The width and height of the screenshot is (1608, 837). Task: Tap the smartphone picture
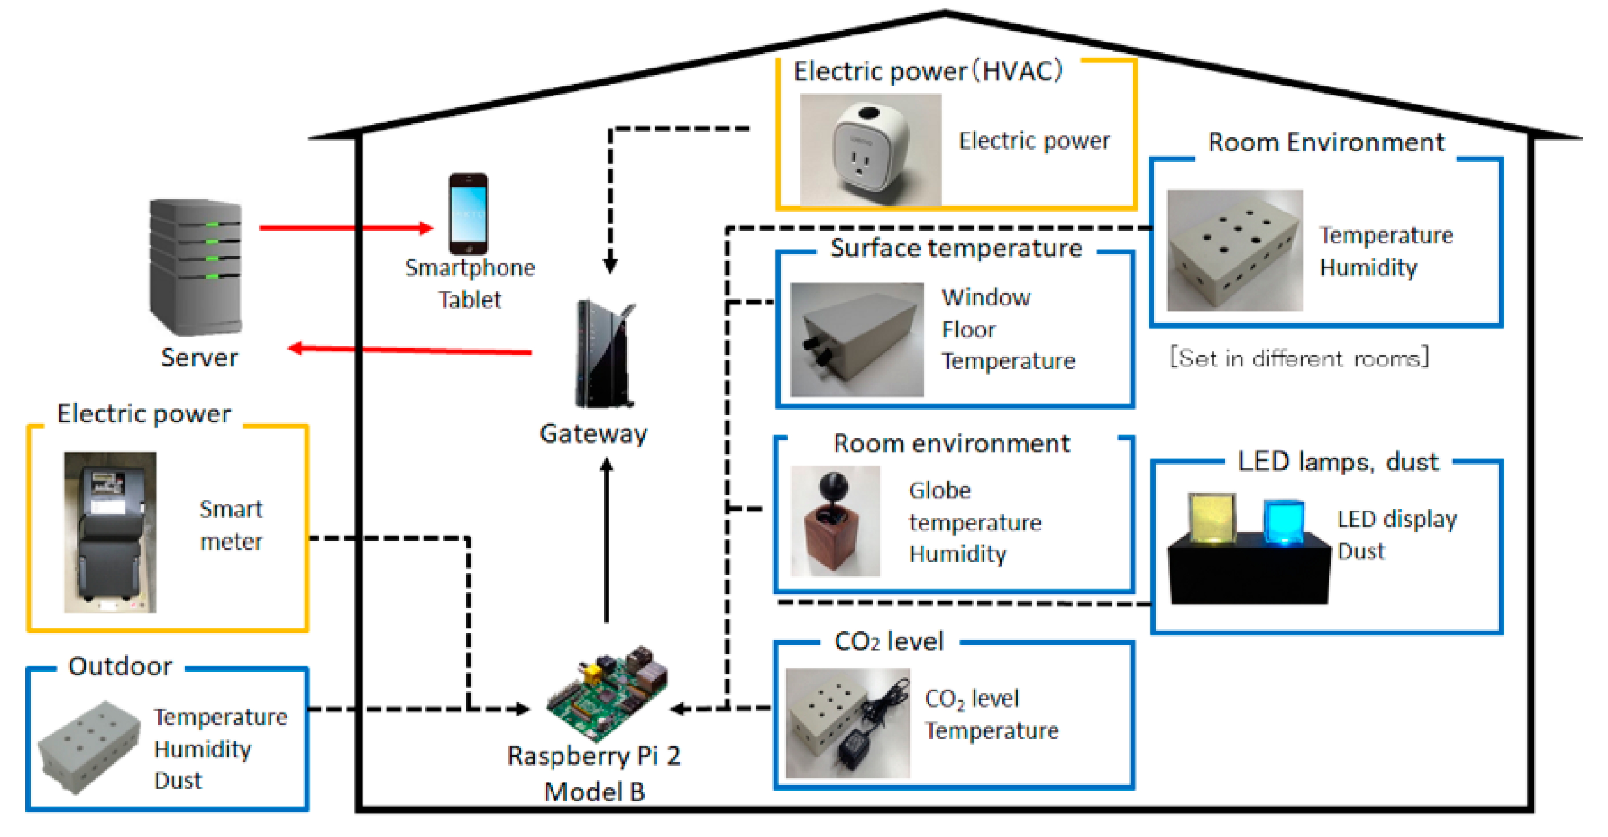(x=468, y=213)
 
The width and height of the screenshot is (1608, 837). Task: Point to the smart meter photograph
(x=110, y=533)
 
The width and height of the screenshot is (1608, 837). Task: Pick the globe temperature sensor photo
(x=835, y=521)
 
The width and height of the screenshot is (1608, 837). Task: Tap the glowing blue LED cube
(x=1283, y=522)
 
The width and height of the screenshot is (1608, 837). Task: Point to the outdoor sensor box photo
(x=89, y=748)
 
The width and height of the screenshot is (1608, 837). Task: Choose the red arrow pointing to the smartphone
(x=346, y=228)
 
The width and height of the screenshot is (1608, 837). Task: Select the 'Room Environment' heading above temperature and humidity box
(x=1326, y=142)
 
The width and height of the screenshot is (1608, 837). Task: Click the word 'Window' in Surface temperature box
(x=986, y=297)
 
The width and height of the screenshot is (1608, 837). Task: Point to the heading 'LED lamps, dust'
(x=1338, y=462)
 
